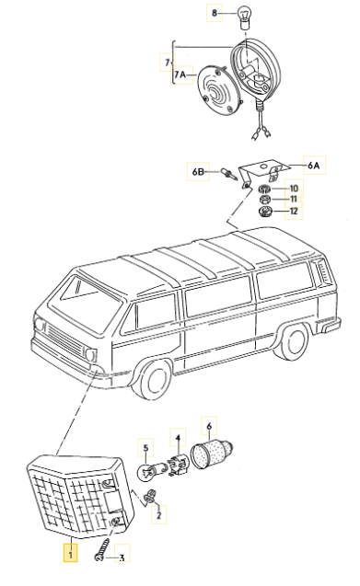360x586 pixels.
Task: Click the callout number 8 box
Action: pyautogui.click(x=214, y=13)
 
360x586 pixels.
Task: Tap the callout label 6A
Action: pyautogui.click(x=314, y=167)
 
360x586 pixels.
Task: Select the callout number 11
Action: pyautogui.click(x=294, y=199)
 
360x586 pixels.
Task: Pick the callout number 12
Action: pyautogui.click(x=294, y=213)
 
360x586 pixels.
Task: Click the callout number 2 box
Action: pyautogui.click(x=157, y=516)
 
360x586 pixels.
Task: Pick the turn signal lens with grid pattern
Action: pyautogui.click(x=74, y=497)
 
